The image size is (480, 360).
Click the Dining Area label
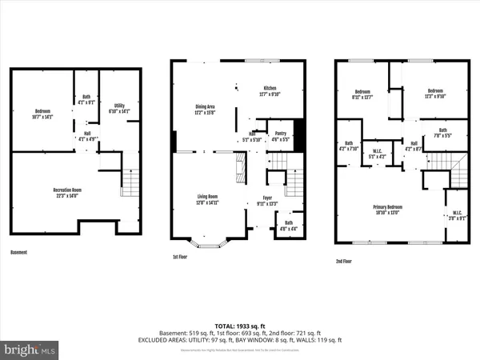[x=206, y=109]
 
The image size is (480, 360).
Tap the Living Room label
[x=208, y=199]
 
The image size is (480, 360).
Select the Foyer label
[x=267, y=199]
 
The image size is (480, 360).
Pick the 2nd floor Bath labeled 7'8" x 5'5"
[x=443, y=132]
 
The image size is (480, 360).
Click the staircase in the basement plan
[x=130, y=184]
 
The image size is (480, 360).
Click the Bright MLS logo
[x=30, y=349]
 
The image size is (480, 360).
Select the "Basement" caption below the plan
[x=19, y=253]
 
